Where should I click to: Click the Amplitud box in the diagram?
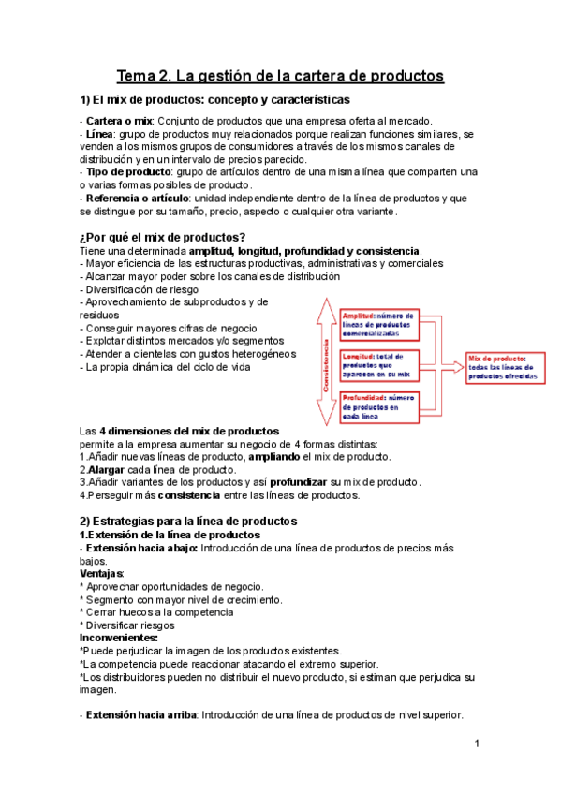click(380, 324)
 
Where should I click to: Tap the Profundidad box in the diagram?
click(380, 406)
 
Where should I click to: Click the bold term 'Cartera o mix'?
click(118, 120)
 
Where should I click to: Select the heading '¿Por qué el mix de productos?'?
click(163, 236)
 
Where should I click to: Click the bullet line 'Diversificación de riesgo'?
click(141, 290)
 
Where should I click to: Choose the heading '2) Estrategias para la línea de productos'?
click(188, 520)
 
